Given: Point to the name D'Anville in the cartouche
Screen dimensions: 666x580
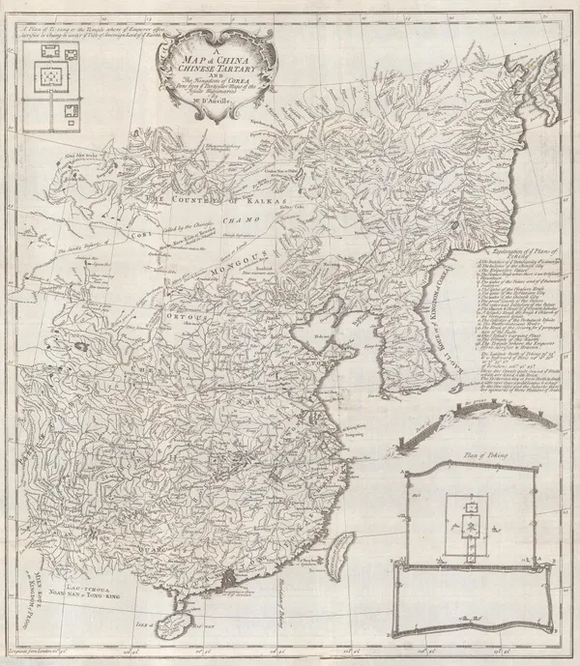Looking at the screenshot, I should click(x=193, y=120).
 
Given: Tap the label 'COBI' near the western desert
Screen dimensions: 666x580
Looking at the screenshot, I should click(x=146, y=232).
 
